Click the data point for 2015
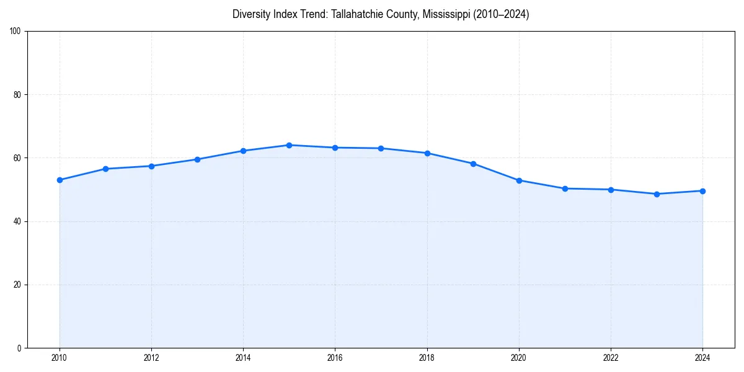(289, 145)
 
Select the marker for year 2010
(60, 180)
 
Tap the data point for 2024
(702, 191)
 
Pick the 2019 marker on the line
(473, 164)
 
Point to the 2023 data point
(657, 194)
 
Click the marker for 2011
(105, 169)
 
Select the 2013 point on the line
(197, 159)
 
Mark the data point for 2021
(565, 188)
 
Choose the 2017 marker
(381, 148)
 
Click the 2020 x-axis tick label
(519, 357)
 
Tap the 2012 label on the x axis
(151, 357)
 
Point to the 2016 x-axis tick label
(335, 357)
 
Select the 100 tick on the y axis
(16, 31)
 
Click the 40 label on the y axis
(18, 221)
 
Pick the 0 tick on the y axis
(20, 348)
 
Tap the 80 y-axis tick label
(18, 95)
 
